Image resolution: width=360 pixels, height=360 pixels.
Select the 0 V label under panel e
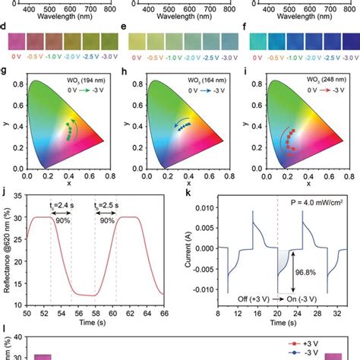134,55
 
